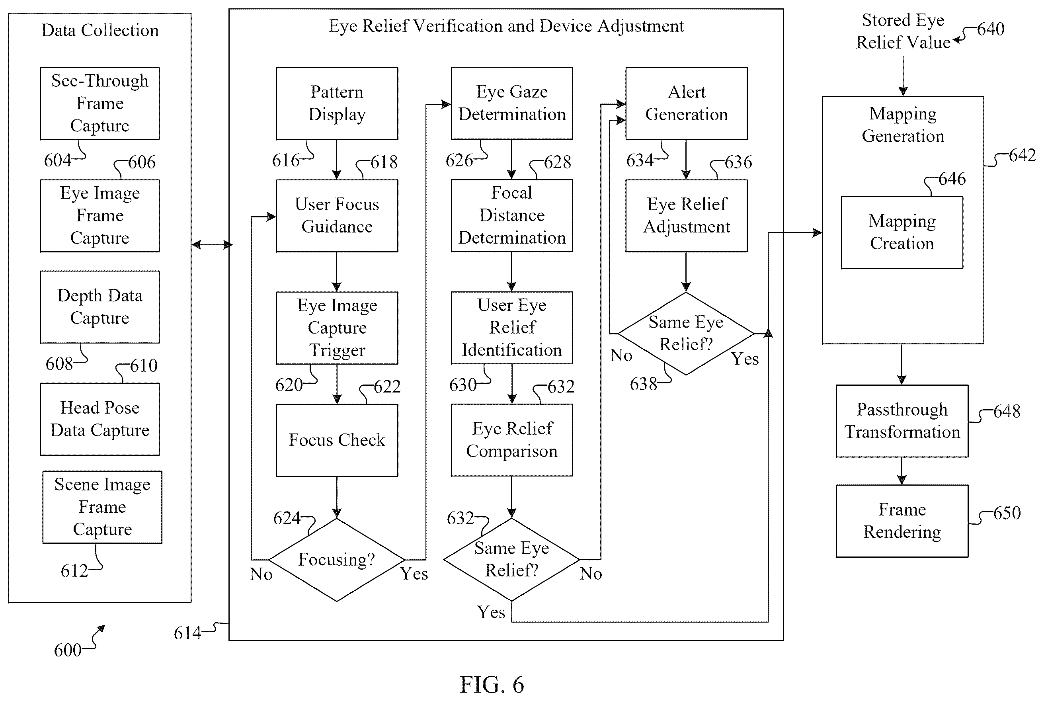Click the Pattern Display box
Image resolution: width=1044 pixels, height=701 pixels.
337,103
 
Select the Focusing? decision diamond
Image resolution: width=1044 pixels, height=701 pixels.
337,559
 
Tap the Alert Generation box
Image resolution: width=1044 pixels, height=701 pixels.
686,103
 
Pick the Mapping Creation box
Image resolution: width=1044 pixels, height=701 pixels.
902,232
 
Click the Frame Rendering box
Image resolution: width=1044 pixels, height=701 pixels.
902,521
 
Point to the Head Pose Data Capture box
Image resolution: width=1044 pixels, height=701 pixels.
100,419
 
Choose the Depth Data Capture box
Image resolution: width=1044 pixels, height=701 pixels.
100,307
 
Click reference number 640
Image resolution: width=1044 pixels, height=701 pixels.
990,29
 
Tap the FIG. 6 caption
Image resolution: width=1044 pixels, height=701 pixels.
492,684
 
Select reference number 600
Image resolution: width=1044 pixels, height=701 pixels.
68,650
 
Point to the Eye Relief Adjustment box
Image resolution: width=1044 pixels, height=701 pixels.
686,215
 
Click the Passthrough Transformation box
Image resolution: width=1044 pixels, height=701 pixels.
902,421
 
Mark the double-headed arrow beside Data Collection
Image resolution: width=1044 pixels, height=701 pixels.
212,244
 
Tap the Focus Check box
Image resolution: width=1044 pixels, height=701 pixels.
337,440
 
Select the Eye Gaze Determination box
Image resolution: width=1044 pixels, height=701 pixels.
512,103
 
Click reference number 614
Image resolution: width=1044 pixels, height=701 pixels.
187,633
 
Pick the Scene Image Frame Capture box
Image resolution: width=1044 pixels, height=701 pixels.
102,507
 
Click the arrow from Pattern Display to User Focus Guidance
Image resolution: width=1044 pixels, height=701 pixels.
337,160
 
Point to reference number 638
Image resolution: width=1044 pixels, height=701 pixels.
643,384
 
